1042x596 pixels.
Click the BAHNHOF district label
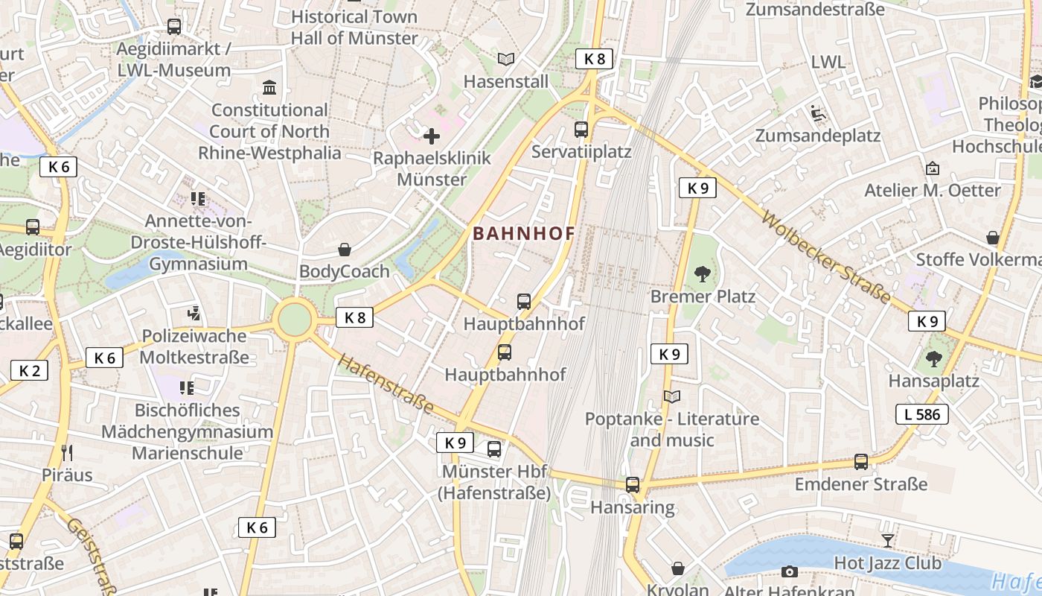[x=524, y=233]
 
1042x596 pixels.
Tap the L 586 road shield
[x=922, y=414]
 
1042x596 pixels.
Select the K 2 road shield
[x=29, y=370]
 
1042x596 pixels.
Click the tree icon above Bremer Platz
[x=702, y=274]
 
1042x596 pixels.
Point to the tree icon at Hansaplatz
[x=933, y=359]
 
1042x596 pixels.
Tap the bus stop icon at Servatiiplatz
[x=581, y=130]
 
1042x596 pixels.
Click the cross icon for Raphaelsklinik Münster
[x=432, y=136]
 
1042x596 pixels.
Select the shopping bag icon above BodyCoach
[x=345, y=250]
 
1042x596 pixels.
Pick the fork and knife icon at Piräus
[x=67, y=452]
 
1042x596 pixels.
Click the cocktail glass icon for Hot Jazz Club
[x=887, y=540]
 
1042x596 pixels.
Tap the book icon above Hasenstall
[x=506, y=59]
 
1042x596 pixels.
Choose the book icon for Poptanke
[x=671, y=396]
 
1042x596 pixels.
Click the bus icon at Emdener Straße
[x=861, y=462]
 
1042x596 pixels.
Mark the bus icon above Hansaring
[x=633, y=485]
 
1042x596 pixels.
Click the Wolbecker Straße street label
[x=826, y=258]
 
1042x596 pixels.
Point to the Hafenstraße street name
[x=385, y=384]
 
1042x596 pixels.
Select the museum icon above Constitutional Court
[x=269, y=88]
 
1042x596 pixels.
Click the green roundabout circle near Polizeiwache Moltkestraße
[x=295, y=320]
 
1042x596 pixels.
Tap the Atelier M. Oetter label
[x=932, y=191]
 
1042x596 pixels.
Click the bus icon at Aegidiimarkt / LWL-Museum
[x=174, y=27]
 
